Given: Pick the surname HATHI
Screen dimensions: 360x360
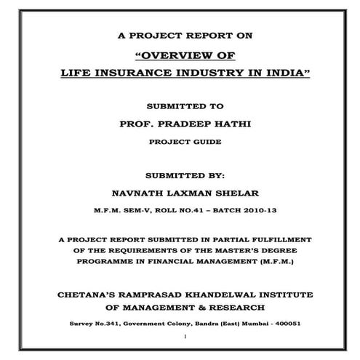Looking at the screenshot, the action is pos(225,124).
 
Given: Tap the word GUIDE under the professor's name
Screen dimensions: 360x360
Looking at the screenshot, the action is pos(201,143).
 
